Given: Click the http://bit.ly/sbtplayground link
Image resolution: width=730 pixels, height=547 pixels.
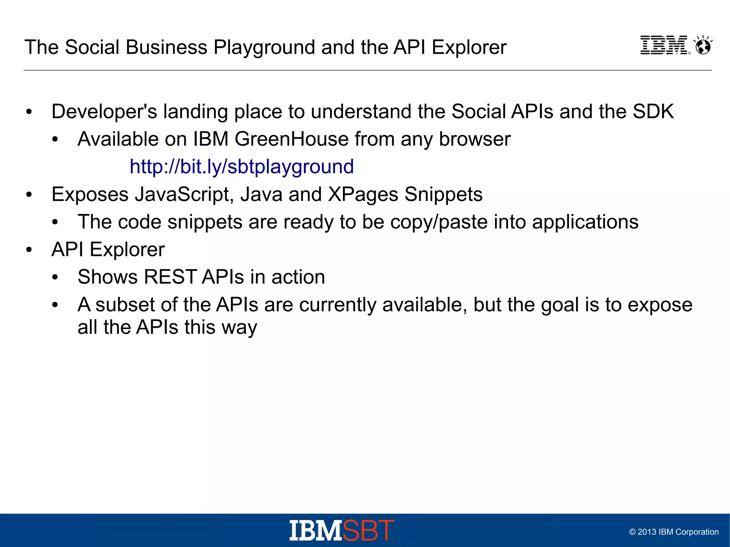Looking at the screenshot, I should pyautogui.click(x=242, y=167).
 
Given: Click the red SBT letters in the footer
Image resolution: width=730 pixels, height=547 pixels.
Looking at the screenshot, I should pyautogui.click(x=369, y=531).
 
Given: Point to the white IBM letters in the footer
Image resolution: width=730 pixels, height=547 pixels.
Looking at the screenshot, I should pyautogui.click(x=315, y=531).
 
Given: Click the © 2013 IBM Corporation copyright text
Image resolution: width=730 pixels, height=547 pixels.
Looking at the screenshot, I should pyautogui.click(x=674, y=532).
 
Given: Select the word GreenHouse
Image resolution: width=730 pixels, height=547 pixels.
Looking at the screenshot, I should pyautogui.click(x=291, y=139).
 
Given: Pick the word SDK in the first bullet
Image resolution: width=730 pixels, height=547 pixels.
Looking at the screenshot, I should pyautogui.click(x=653, y=112).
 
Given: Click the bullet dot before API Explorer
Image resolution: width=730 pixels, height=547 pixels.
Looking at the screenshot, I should pyautogui.click(x=29, y=250).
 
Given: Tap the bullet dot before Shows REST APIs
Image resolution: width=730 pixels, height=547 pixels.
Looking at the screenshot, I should pyautogui.click(x=55, y=277).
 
